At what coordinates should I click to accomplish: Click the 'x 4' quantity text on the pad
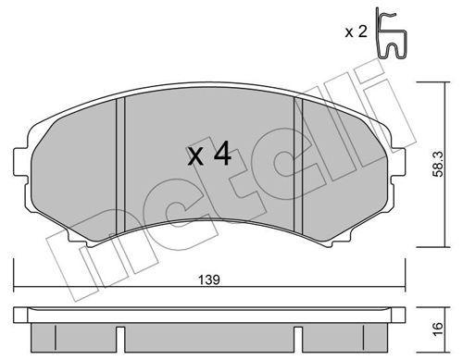pyautogui.click(x=208, y=155)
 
